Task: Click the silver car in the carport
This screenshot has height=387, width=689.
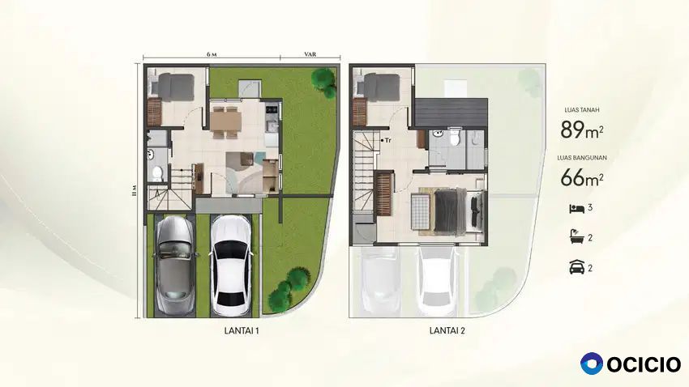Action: (174, 265)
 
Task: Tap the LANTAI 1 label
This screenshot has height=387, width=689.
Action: (242, 331)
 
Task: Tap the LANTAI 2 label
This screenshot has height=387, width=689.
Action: (447, 331)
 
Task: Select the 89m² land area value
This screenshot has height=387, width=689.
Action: (582, 130)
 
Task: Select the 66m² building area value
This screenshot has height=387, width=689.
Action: (582, 176)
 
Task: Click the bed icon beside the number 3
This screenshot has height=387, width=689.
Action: (576, 208)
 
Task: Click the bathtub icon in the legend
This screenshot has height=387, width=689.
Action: (576, 237)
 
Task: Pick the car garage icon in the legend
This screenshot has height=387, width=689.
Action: (576, 267)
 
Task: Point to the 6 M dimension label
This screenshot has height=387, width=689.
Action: (212, 54)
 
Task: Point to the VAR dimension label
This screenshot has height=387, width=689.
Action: (310, 54)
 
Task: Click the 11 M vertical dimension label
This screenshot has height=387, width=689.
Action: (135, 190)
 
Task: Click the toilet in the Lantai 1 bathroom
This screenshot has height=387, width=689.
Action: (157, 173)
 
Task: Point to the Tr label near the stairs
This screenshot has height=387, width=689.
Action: (387, 140)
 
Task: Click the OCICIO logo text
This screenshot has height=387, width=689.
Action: (644, 364)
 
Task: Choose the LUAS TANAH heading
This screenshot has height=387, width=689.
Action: (582, 110)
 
